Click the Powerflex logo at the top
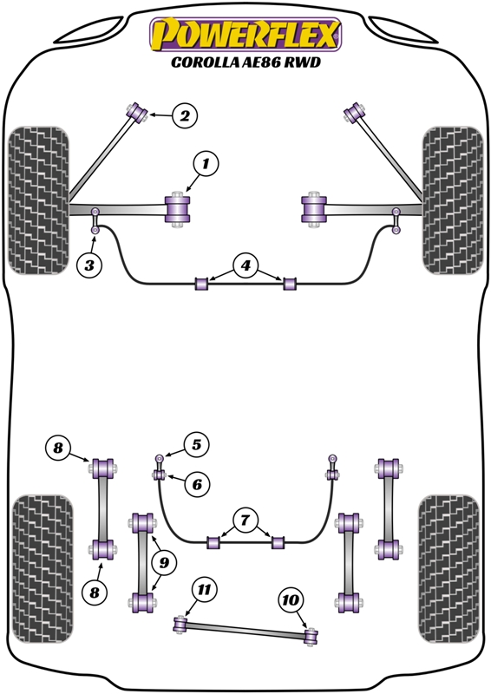245,35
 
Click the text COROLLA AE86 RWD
245,62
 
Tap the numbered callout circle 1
206,165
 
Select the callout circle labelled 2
185,116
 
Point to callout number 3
89,265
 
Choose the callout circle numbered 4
245,265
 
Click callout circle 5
197,445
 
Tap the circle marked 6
197,485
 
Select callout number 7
245,520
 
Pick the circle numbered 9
164,562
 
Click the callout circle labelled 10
291,600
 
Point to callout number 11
204,590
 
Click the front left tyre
38,200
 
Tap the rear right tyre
449,568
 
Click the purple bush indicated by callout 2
137,113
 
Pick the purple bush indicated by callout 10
311,636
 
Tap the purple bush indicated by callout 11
180,624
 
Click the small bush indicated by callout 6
160,475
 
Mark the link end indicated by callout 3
95,230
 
